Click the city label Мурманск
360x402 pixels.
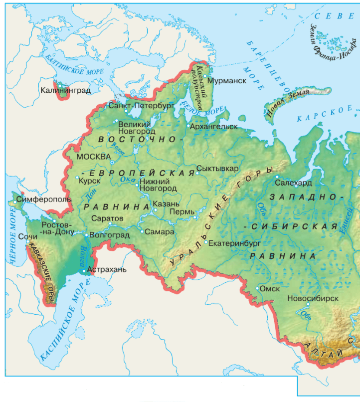coord(227,81)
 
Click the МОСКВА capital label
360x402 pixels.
coord(93,157)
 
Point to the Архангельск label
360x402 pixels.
coord(214,126)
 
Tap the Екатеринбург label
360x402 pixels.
coord(234,244)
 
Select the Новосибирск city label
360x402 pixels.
coord(313,298)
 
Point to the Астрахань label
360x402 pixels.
coord(107,270)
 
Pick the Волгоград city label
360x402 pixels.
coord(109,235)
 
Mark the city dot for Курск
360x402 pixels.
coord(77,178)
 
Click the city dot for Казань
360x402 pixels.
coord(155,210)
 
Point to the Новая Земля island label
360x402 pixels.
coord(288,103)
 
